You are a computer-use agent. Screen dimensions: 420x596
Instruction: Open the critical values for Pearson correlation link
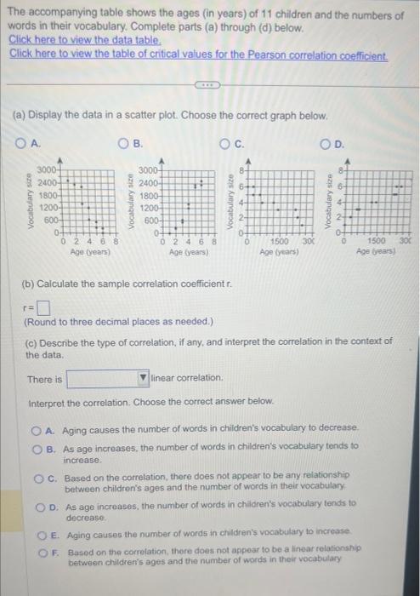[197, 54]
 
